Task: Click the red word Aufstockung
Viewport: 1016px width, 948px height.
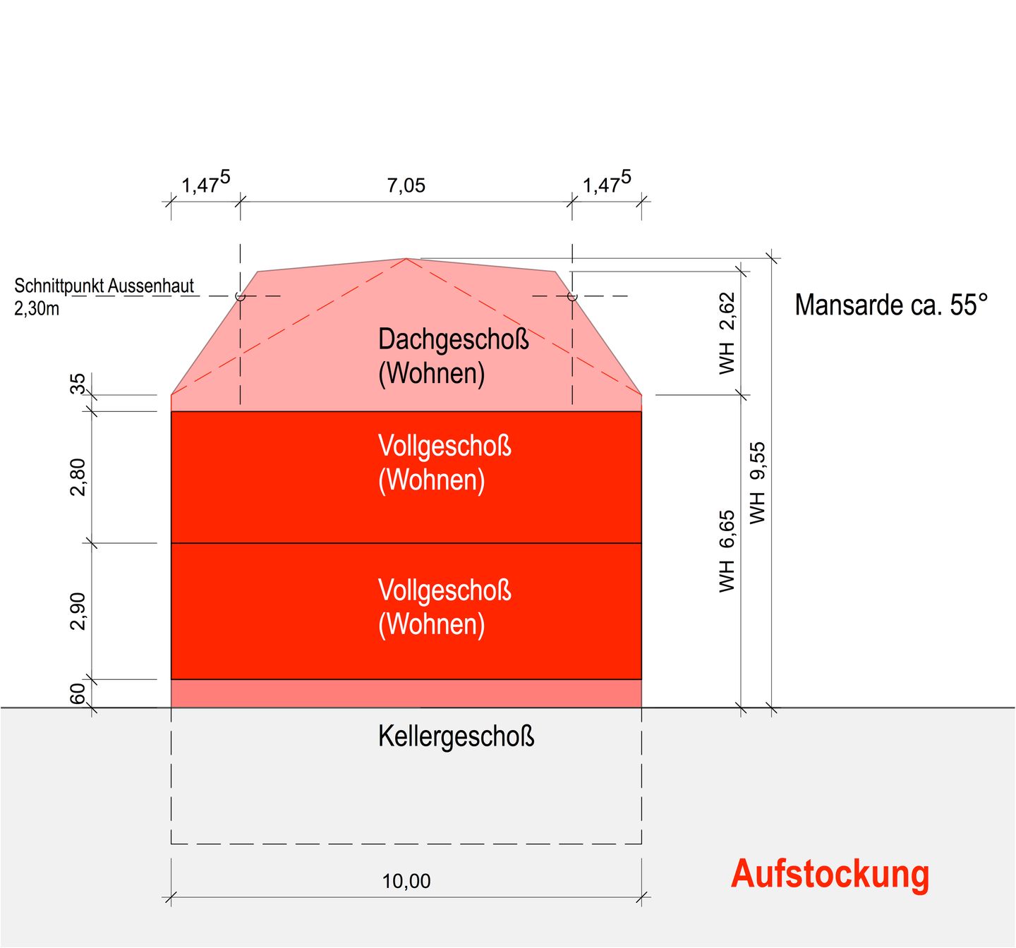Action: click(830, 875)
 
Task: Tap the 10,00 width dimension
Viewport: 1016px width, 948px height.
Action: click(406, 881)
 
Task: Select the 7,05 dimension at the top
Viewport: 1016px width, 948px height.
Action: click(406, 186)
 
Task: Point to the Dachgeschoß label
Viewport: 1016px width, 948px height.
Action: click(453, 339)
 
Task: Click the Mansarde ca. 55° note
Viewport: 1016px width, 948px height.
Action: click(890, 305)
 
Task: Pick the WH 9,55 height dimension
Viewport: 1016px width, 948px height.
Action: click(758, 483)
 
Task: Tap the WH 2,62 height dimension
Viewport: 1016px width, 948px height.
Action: click(727, 334)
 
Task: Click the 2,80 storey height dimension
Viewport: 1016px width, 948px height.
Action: click(78, 478)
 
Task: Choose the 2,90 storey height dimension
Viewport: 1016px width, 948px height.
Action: click(78, 612)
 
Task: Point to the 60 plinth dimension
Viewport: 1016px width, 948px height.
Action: click(78, 694)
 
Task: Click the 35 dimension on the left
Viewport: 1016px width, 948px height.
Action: click(78, 384)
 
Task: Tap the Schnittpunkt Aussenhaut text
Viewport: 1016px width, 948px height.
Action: click(104, 286)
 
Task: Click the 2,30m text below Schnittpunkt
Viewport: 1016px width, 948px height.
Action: click(36, 309)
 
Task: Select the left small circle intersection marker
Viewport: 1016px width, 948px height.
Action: click(240, 296)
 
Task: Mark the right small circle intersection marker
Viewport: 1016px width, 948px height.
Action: click(572, 296)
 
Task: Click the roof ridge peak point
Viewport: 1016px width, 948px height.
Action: click(406, 258)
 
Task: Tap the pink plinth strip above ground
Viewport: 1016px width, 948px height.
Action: click(406, 694)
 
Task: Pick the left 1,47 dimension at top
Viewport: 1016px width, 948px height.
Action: click(205, 183)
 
